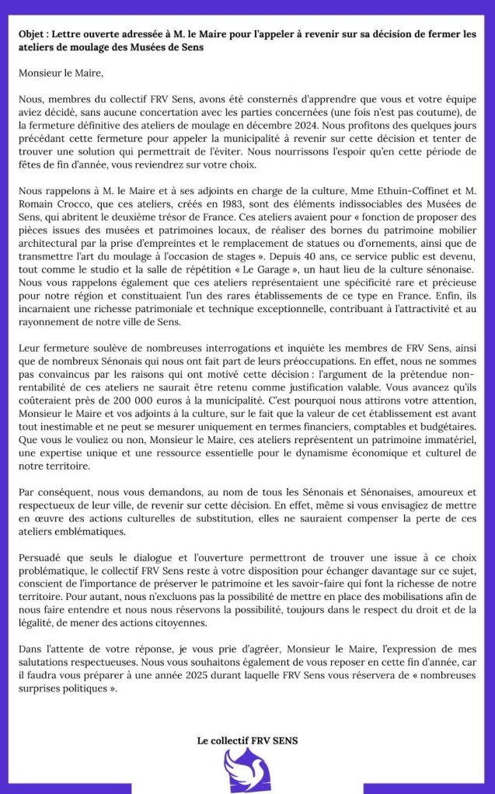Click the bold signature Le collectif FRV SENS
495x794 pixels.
coord(247,741)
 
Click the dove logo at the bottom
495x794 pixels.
coord(246,772)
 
